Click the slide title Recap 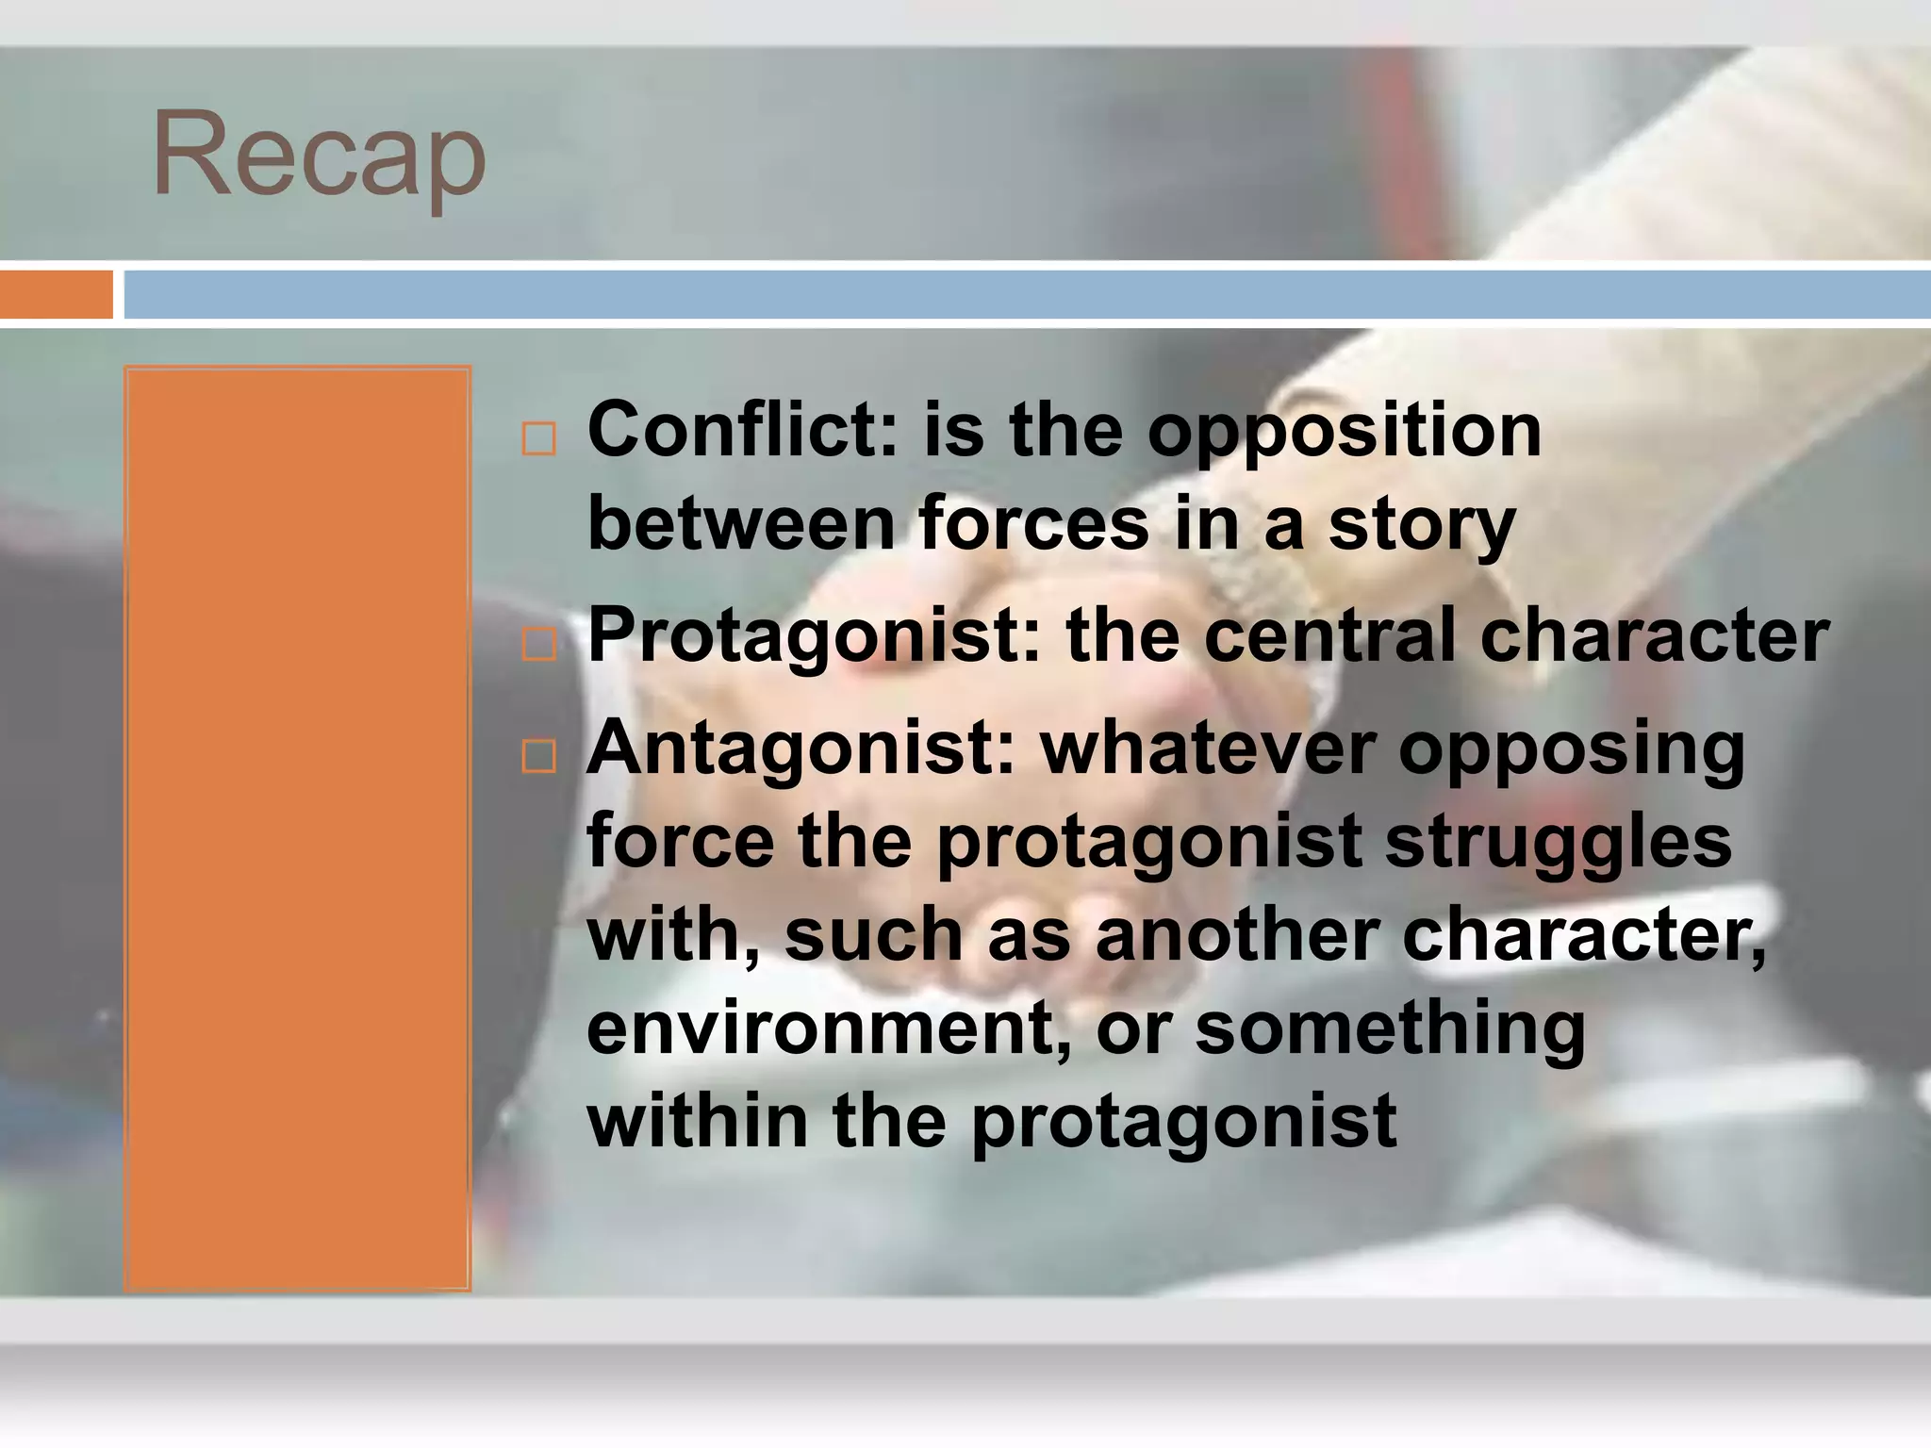(x=319, y=156)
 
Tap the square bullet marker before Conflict (x=538, y=439)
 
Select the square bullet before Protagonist (x=538, y=645)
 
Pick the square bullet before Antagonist (x=538, y=756)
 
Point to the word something (x=1391, y=1028)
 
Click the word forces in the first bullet (x=1034, y=524)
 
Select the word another (x=1237, y=934)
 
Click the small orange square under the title (x=56, y=294)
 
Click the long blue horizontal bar (x=1026, y=294)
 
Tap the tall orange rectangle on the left (x=297, y=828)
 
